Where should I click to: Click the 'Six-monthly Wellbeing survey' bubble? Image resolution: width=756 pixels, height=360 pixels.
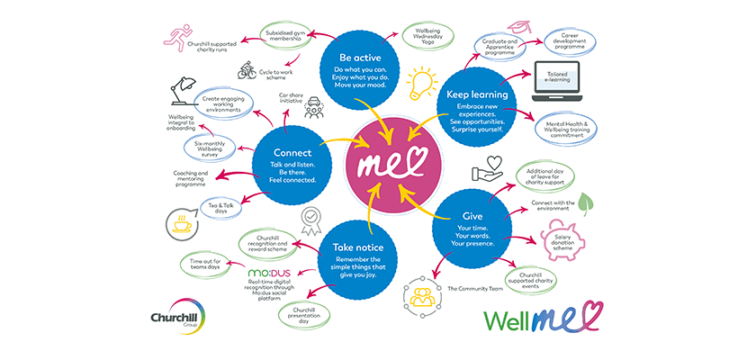(x=216, y=148)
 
